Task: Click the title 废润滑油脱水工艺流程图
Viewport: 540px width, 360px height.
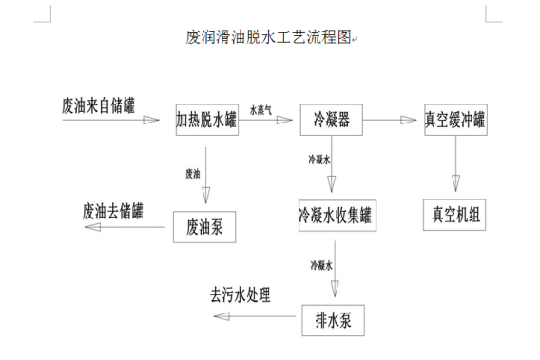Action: click(x=269, y=39)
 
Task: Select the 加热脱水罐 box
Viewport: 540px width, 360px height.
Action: click(x=206, y=121)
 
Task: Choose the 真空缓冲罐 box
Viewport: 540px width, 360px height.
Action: click(x=454, y=121)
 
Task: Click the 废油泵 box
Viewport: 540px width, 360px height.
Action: click(x=203, y=226)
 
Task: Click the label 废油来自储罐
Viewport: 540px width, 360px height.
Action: click(x=98, y=104)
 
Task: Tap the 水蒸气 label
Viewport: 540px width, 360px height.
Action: click(x=260, y=110)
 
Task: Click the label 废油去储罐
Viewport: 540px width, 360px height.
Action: click(x=113, y=209)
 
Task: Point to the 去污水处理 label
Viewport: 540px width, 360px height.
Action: click(x=241, y=294)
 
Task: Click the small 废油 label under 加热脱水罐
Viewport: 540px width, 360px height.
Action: click(x=193, y=173)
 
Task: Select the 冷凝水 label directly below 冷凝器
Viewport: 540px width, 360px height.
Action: click(x=318, y=161)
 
